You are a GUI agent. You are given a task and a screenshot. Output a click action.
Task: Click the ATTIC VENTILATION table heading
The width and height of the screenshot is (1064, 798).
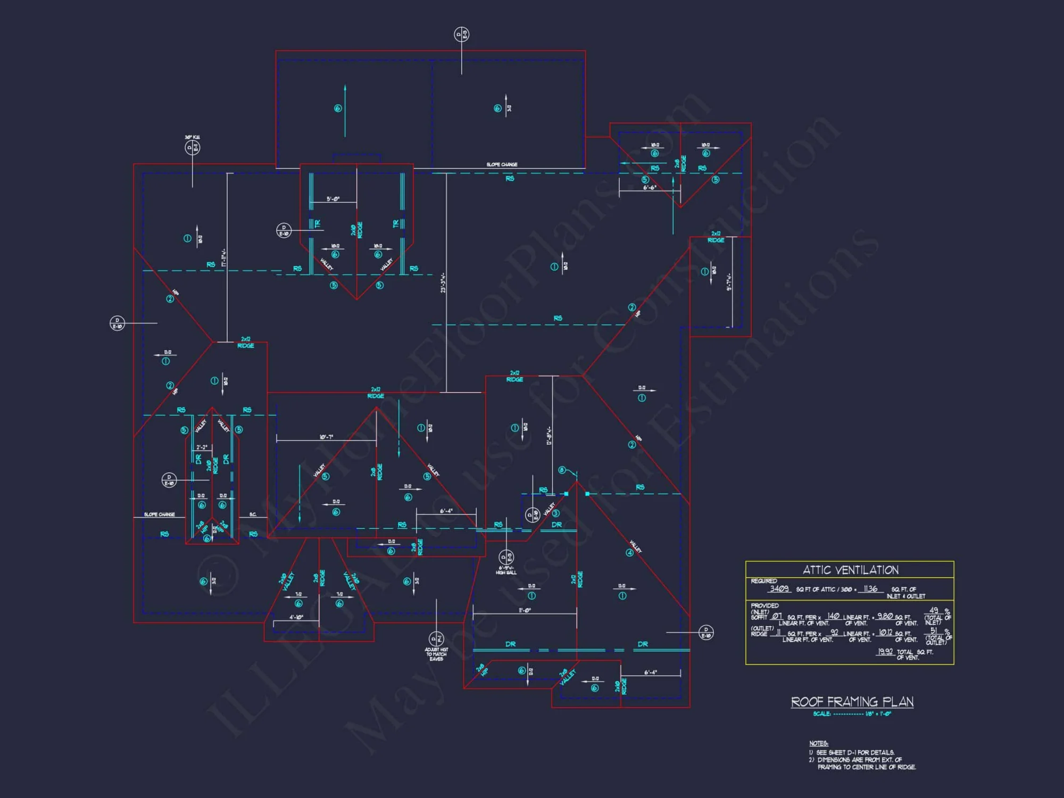coord(850,570)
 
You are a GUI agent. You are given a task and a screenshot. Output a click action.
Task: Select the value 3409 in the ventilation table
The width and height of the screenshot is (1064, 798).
coord(779,588)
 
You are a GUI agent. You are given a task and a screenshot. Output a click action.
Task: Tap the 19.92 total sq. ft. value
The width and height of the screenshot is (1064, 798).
coord(885,651)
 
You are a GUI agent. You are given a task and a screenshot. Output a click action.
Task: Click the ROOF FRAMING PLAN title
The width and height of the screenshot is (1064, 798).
coord(852,702)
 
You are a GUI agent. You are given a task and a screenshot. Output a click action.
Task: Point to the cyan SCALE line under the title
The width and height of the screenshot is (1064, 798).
coord(852,714)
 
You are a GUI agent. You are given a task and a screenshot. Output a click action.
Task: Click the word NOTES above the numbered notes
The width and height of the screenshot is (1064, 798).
coord(818,743)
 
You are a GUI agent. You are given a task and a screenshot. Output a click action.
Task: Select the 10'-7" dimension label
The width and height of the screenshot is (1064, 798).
coord(326,437)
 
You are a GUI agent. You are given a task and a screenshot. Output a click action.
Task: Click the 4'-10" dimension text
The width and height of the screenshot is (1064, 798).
coord(296,617)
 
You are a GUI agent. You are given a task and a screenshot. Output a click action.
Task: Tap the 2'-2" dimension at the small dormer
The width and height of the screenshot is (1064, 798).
coord(202,447)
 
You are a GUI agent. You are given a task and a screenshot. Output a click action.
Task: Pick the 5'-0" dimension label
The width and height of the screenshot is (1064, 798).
coord(333,199)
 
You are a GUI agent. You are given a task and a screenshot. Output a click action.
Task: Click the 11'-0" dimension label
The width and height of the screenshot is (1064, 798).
coord(525,610)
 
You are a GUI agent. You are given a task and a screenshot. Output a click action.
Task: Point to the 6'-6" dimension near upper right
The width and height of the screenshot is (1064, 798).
coord(649,188)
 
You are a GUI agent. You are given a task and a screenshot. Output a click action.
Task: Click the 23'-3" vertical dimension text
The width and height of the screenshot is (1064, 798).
coord(443,282)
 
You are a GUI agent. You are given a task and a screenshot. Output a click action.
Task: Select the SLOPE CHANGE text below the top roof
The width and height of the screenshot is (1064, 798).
coord(502,164)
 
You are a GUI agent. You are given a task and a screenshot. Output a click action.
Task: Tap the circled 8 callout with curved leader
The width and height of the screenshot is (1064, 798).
coord(562,470)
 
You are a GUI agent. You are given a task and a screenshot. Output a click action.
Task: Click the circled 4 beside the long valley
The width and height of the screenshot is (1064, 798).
coord(629,553)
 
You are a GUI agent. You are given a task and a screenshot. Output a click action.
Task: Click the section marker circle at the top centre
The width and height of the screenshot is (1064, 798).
coord(461,35)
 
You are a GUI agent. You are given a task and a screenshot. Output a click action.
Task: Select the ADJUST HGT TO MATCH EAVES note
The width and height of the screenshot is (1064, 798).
coord(436,654)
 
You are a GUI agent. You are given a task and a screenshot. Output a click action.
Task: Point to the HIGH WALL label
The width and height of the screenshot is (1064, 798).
coord(506,572)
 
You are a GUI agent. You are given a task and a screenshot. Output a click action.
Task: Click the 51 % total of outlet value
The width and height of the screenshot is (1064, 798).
coord(933,631)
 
